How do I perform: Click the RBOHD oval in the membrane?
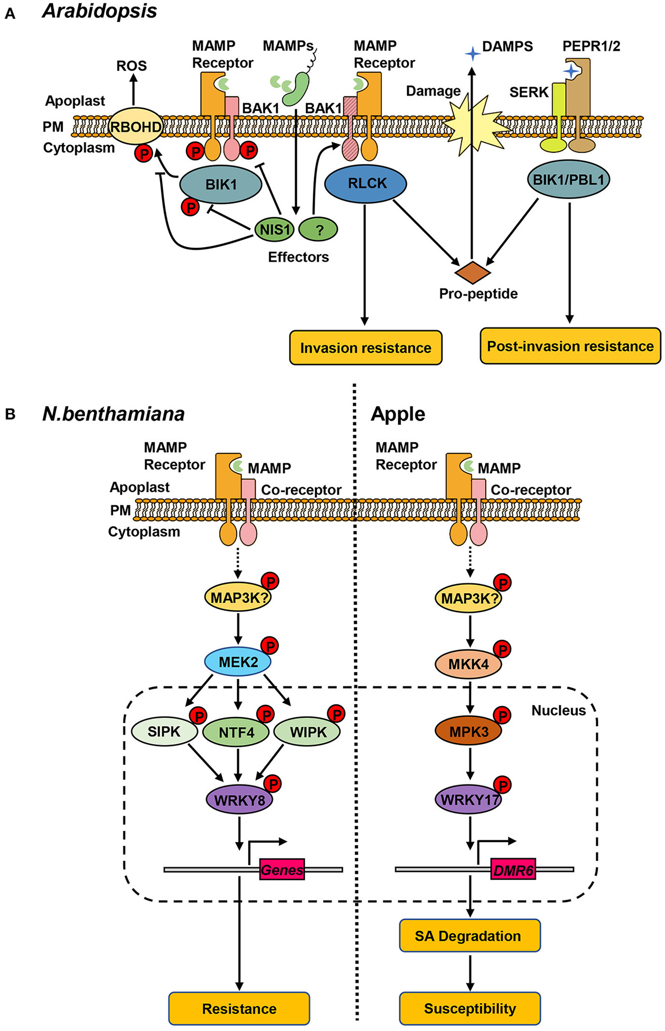point(135,126)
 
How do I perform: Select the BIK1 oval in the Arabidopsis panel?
point(220,185)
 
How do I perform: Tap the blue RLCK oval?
point(366,183)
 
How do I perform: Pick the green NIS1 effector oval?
point(274,229)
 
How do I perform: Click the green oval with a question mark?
point(319,229)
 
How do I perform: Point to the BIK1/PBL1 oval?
point(568,179)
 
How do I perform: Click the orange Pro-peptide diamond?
point(472,273)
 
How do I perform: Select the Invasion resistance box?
point(366,348)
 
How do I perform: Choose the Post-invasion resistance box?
point(570,346)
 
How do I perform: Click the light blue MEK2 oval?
point(238,661)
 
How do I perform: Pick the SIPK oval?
point(165,731)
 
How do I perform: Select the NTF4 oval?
point(236,732)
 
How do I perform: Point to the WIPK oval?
point(307,732)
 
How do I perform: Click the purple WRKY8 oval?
point(240,799)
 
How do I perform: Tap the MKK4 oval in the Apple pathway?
point(468,664)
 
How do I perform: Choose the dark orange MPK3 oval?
point(468,732)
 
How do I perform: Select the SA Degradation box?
point(469,936)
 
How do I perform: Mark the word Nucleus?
point(558,710)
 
